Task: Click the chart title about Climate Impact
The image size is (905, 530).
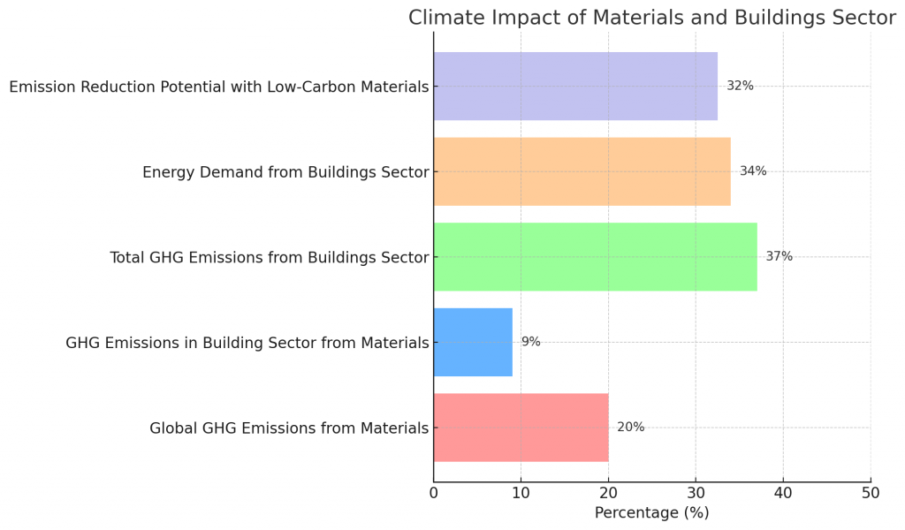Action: tap(651, 18)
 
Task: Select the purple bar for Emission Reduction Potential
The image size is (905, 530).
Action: tap(575, 86)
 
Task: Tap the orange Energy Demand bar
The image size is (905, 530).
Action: tap(582, 171)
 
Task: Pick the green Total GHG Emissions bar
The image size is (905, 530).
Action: tap(595, 257)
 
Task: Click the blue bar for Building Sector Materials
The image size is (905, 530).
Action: tap(473, 342)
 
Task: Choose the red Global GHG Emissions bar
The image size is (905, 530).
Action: tap(521, 428)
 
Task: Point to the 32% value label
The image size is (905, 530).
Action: tap(740, 86)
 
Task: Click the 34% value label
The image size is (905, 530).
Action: tap(753, 171)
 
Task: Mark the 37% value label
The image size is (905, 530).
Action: tap(779, 257)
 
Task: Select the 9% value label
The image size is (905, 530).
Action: tap(530, 342)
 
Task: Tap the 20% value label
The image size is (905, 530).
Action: tap(630, 428)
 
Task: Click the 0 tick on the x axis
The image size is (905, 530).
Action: tap(434, 493)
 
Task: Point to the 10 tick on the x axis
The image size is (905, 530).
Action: tap(521, 493)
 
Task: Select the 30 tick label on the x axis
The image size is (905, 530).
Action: tap(696, 493)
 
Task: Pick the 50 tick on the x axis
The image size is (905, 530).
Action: tap(871, 493)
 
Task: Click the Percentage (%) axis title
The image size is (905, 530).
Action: tap(651, 512)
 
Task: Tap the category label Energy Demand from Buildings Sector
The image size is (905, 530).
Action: tap(285, 172)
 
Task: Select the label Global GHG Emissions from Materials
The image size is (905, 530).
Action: tap(289, 428)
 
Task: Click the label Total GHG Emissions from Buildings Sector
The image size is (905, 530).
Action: tap(269, 258)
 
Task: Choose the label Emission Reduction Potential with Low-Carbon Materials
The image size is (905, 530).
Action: tap(218, 87)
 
